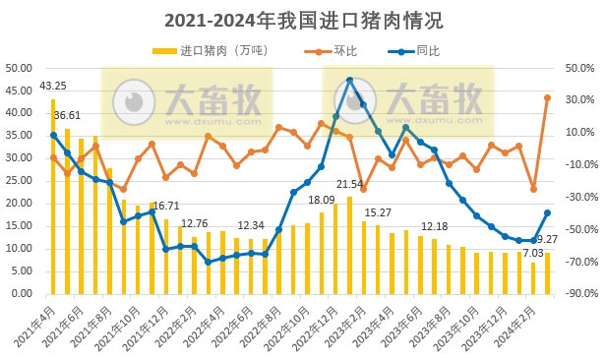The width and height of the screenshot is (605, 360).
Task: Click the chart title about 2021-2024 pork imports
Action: tap(303, 20)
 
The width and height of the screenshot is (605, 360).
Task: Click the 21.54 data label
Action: tap(349, 184)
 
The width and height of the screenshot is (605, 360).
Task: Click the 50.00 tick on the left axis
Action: tap(20, 68)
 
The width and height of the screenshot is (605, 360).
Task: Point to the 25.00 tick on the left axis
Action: tap(20, 181)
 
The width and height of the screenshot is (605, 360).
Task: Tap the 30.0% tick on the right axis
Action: tap(580, 100)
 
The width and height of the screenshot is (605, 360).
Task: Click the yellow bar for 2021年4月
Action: tap(53, 197)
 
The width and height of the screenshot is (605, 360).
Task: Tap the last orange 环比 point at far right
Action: tap(547, 97)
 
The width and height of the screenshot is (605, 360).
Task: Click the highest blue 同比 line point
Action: tap(349, 81)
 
